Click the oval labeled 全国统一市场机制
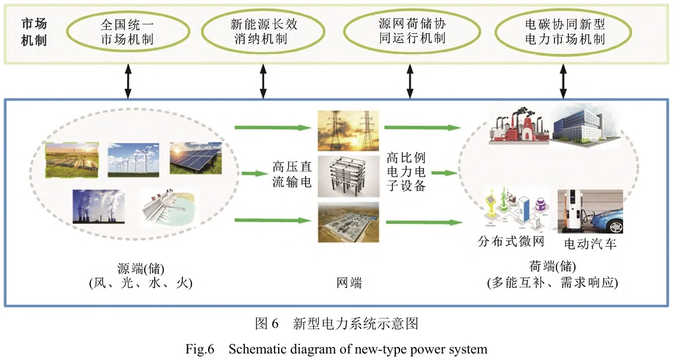click(x=128, y=33)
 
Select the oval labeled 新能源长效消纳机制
click(x=264, y=33)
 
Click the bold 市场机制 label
click(x=34, y=33)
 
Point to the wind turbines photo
click(x=133, y=160)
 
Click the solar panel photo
click(x=196, y=158)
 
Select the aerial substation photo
click(x=349, y=222)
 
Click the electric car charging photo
click(x=590, y=212)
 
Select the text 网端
click(x=349, y=283)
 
